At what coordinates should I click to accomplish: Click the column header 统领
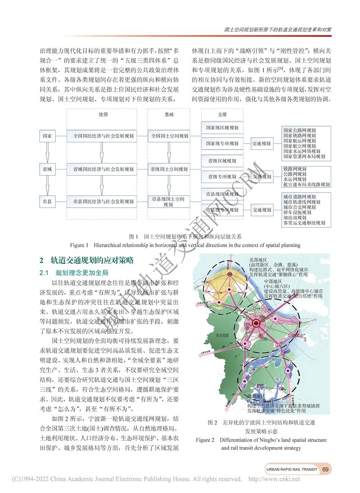pos(103,115)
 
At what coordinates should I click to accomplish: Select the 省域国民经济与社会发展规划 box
pos(103,169)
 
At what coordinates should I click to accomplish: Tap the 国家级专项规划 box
pos(222,144)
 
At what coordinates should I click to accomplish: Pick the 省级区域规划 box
pos(222,160)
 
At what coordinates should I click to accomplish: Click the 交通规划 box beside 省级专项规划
pos(262,177)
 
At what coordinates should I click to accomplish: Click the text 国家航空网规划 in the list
pos(299,146)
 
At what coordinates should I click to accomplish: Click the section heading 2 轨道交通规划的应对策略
pos(87,261)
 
